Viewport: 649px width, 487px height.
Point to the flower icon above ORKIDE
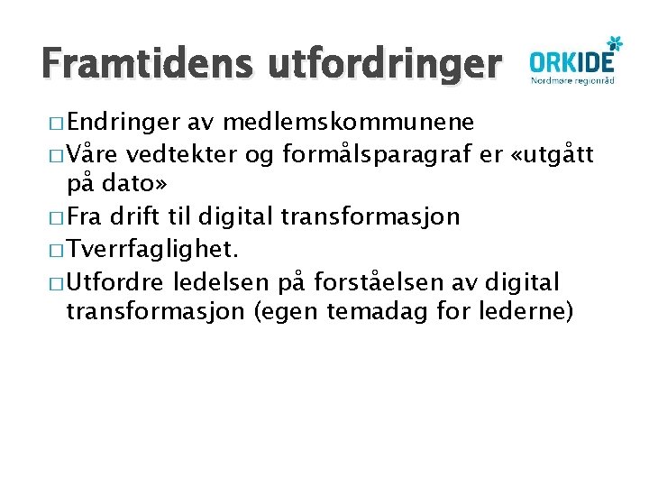coord(615,41)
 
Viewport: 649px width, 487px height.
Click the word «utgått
coord(551,155)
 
